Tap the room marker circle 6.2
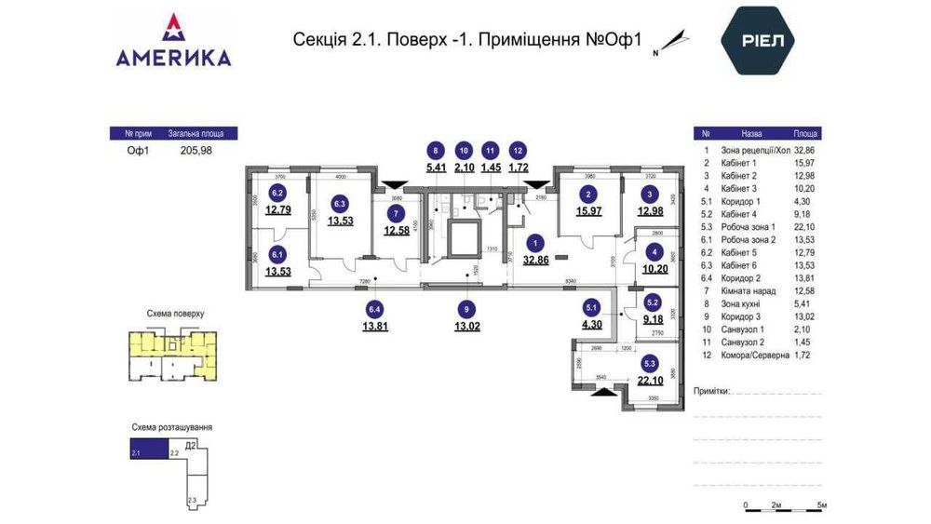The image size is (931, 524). pos(277,194)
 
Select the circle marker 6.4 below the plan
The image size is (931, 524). pos(375,309)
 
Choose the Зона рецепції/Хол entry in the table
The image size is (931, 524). pos(755,149)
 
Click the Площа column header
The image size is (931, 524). pos(806,133)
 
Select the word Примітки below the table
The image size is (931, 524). pos(713,392)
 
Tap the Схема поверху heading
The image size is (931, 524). pos(175,315)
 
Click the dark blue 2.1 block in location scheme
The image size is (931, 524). pos(148,452)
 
